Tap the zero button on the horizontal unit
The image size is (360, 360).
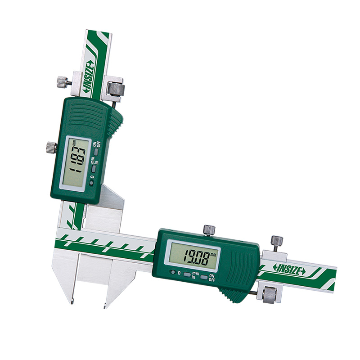173,273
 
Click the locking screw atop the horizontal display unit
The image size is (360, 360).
209,229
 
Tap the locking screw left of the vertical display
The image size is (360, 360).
51,147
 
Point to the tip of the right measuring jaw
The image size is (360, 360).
105,306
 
